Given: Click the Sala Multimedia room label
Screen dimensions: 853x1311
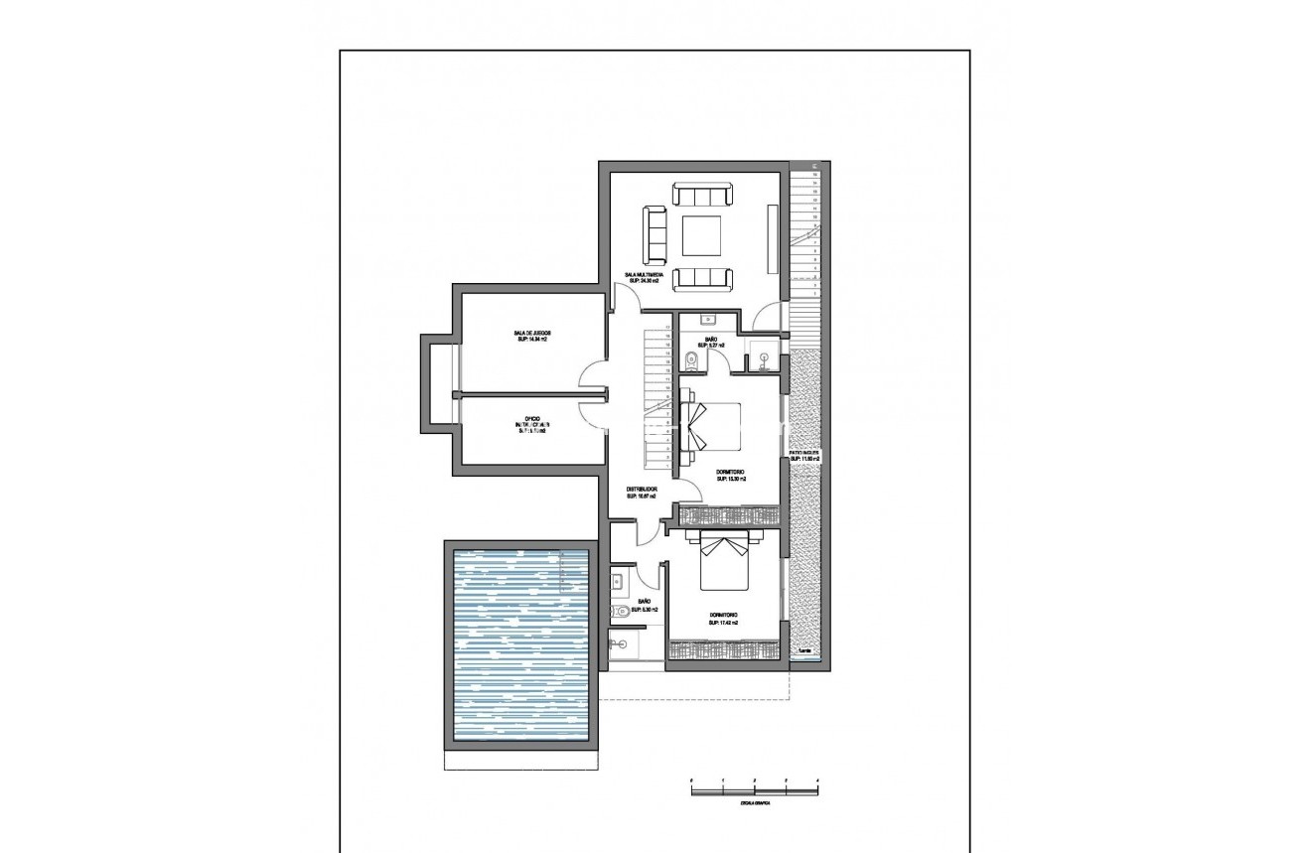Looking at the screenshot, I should (642, 278).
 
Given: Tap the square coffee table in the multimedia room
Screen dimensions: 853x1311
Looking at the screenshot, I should (702, 236).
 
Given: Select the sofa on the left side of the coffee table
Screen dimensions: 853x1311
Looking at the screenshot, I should (654, 230).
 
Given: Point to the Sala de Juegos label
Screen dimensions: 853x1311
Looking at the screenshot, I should (530, 336).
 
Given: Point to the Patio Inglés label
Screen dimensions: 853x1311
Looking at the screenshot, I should (804, 456).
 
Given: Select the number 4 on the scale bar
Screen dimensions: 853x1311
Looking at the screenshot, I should (816, 781).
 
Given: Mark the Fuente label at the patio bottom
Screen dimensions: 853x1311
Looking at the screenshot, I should (803, 651).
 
